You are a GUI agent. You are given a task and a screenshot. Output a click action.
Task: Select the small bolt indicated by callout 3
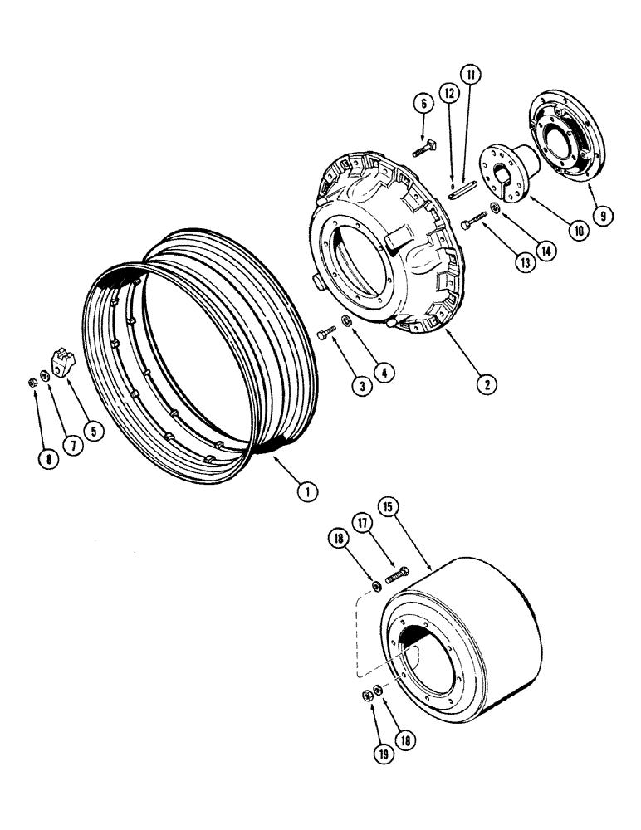tap(325, 334)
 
